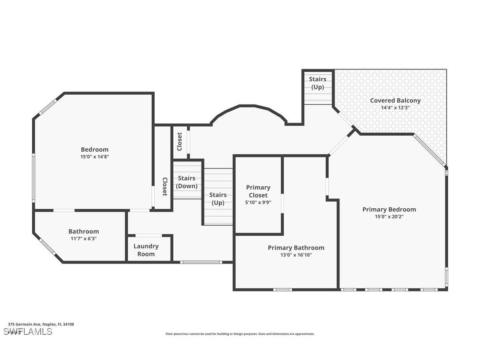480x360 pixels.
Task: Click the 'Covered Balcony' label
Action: tap(395, 100)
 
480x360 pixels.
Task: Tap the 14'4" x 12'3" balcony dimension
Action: tap(395, 107)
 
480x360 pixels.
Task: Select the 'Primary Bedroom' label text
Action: tap(389, 209)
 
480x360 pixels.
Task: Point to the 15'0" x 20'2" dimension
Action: tap(389, 217)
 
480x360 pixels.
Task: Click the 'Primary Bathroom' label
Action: tap(296, 248)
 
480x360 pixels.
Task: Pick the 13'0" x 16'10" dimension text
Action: tap(296, 255)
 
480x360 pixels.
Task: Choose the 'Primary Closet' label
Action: tap(258, 191)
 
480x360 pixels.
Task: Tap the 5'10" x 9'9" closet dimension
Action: tap(258, 202)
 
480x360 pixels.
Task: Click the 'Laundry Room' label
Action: tap(146, 250)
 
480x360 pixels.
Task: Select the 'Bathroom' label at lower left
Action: tap(84, 231)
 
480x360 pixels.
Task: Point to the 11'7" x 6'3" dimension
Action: tap(84, 238)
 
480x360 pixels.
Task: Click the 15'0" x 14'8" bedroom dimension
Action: tap(94, 157)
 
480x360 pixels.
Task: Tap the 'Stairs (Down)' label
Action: tap(187, 182)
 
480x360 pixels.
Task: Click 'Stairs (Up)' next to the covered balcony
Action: tap(317, 83)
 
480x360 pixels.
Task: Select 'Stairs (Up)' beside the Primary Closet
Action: tap(218, 199)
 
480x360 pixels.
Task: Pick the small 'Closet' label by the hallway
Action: tap(179, 142)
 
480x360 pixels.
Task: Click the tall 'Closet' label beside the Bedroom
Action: tap(164, 186)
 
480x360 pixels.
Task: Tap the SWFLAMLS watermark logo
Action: tap(27, 331)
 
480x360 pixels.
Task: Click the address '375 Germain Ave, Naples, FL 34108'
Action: tap(41, 324)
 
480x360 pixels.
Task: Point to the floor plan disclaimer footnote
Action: tap(240, 334)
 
